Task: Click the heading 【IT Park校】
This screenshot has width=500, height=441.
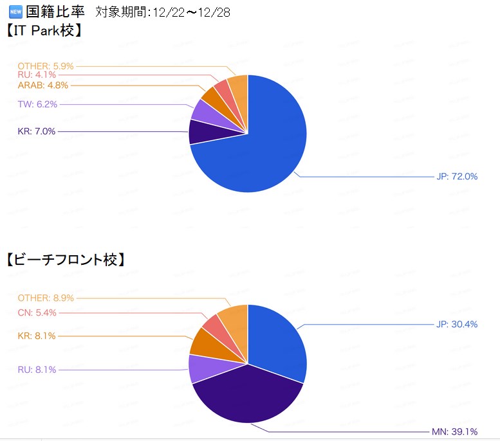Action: (44, 30)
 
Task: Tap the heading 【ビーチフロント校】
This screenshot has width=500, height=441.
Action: (64, 260)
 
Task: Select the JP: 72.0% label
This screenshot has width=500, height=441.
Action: (457, 176)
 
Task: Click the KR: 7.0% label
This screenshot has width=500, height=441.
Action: (37, 131)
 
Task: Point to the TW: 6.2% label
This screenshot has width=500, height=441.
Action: (37, 104)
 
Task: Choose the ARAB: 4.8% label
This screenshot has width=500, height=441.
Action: (42, 85)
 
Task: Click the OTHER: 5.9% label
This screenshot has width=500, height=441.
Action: (45, 66)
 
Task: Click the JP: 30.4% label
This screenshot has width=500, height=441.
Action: (457, 325)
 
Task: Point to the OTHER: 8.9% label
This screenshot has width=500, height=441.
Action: (45, 298)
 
